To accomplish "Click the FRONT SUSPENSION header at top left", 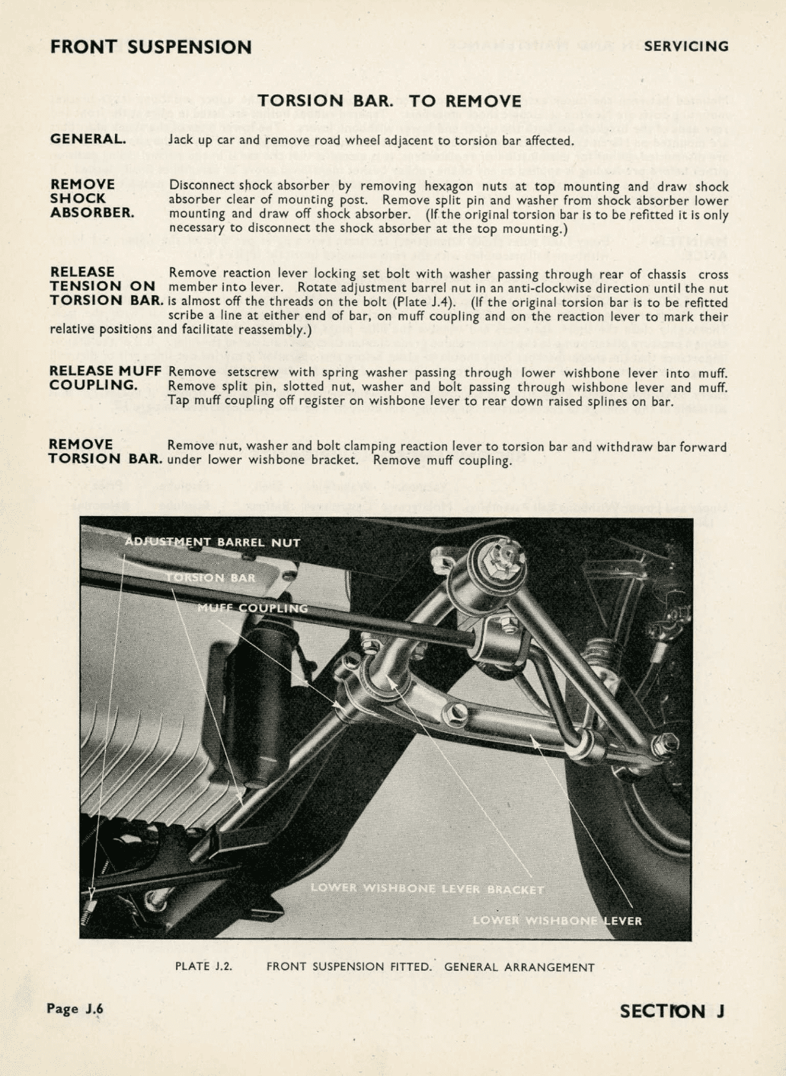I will [x=151, y=47].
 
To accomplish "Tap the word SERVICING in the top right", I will [x=685, y=46].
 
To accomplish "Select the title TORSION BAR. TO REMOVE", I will [x=389, y=101].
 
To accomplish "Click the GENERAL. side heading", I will [x=88, y=139].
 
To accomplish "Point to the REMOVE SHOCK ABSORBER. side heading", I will [x=91, y=199].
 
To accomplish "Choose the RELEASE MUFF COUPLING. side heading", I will [x=105, y=378].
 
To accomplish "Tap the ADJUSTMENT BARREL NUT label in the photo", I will [x=212, y=543].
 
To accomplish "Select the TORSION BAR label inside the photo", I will [x=211, y=578].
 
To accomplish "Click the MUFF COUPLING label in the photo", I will [x=253, y=608].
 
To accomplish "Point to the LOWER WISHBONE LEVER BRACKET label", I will [x=427, y=889].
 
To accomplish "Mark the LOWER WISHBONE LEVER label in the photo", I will [x=557, y=921].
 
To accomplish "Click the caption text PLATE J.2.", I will [x=203, y=966].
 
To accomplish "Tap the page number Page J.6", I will [x=75, y=1009].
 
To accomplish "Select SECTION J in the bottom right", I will [x=672, y=1011].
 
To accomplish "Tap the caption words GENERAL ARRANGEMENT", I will [x=519, y=967].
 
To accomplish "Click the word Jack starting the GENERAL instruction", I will [x=181, y=140].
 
